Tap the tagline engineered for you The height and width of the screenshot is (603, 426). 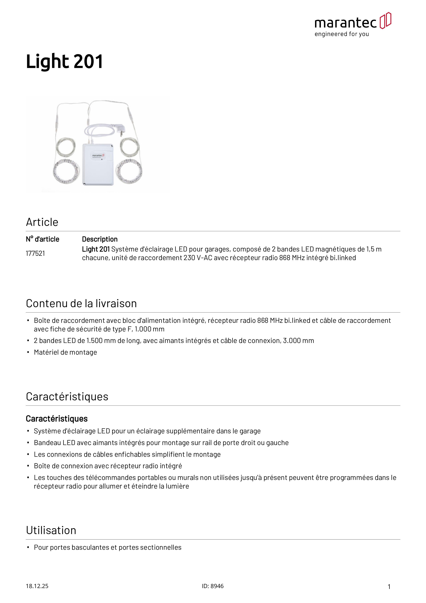342,34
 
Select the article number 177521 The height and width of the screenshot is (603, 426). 35,253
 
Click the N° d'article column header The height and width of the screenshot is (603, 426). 43,239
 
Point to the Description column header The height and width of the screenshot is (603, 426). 100,239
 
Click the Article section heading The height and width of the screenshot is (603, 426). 42,222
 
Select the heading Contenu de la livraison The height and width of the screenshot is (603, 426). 81,304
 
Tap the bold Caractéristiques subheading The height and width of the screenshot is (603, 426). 57,419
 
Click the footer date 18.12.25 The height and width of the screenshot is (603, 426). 37,586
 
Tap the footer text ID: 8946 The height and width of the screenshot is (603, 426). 213,586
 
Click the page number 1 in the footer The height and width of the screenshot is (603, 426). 389,587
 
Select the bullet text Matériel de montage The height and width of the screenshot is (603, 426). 65,352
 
